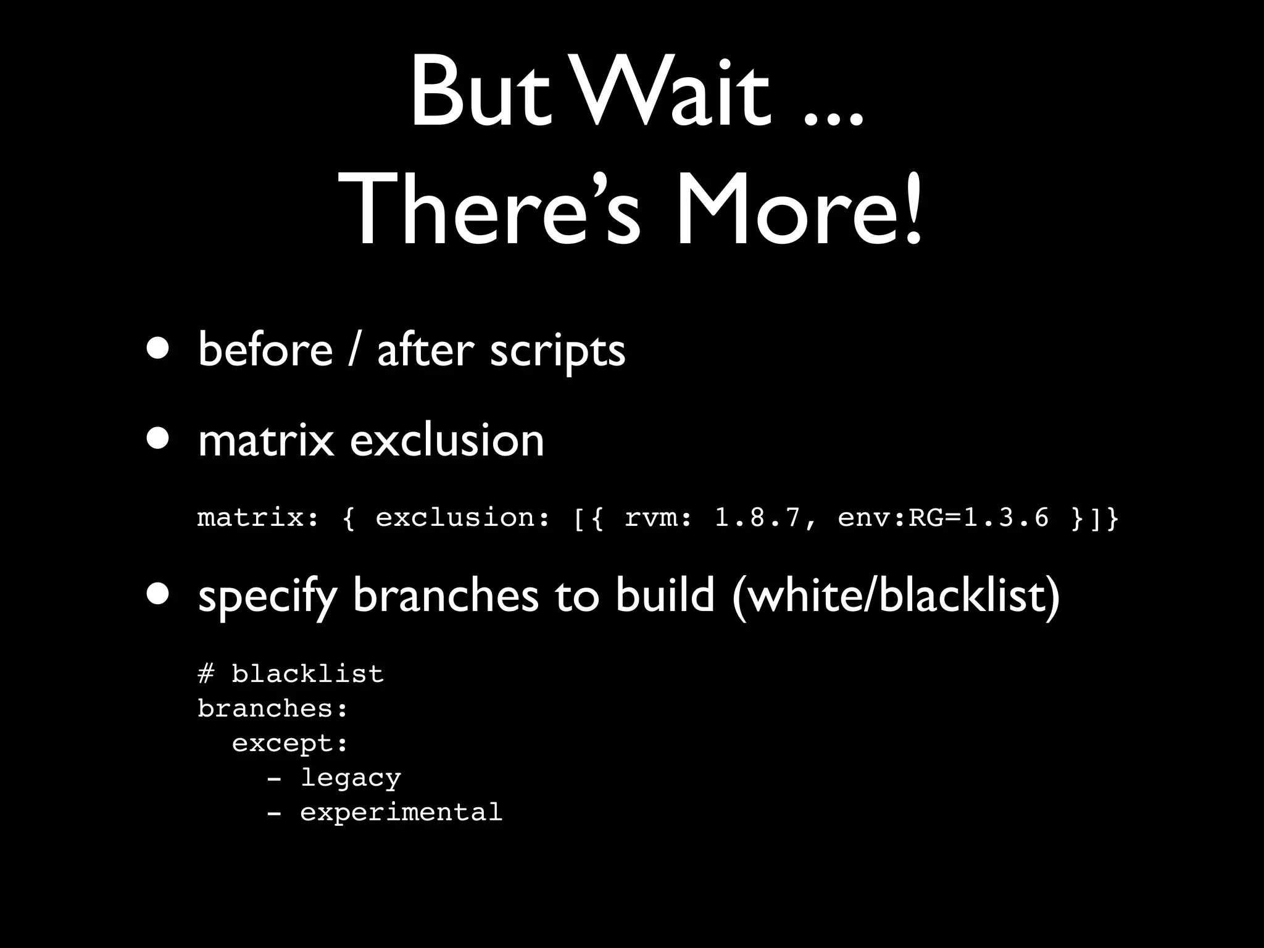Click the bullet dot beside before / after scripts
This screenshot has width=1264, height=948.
[x=159, y=348]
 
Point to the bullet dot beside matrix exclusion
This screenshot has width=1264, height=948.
[x=159, y=439]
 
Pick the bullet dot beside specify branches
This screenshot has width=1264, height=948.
[x=159, y=594]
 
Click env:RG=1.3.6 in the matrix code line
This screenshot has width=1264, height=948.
[x=942, y=517]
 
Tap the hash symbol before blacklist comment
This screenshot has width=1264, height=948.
[x=206, y=673]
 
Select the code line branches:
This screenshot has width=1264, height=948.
[x=273, y=708]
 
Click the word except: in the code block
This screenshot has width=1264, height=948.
[x=290, y=743]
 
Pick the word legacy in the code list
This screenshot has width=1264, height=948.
[x=351, y=778]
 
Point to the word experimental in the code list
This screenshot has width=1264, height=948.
[x=401, y=812]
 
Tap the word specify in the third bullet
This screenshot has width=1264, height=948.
[x=267, y=596]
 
